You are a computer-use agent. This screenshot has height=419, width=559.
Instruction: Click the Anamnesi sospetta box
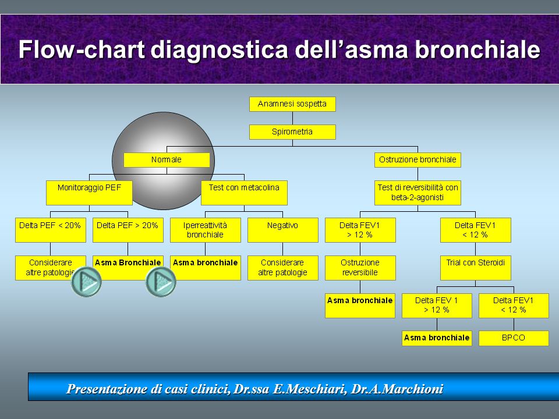click(292, 104)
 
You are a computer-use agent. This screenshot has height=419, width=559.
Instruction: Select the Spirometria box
click(292, 132)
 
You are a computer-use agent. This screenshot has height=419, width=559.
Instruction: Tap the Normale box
click(167, 160)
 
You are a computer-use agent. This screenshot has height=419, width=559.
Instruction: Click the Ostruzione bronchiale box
click(418, 160)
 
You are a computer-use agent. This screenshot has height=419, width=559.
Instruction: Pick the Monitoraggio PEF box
click(89, 193)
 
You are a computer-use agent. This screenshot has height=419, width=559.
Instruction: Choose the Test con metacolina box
click(244, 193)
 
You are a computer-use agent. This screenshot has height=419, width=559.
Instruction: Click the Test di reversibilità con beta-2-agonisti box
click(418, 193)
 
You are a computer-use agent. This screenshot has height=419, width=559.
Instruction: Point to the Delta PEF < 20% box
click(51, 230)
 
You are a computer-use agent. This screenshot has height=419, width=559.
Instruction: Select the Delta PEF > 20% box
click(128, 230)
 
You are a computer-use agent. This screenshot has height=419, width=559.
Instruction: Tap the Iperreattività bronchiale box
click(206, 230)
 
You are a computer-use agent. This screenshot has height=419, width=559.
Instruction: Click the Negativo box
click(283, 230)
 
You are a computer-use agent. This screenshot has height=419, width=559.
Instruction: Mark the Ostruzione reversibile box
click(360, 268)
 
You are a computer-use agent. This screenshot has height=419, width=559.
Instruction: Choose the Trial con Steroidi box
click(476, 268)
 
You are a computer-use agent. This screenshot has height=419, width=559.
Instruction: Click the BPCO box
click(514, 338)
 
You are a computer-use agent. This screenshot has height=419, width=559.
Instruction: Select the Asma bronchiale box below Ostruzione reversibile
click(360, 306)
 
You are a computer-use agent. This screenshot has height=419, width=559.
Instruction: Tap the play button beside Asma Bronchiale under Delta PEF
click(161, 282)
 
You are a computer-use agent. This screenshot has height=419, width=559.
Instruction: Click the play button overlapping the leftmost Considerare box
click(86, 282)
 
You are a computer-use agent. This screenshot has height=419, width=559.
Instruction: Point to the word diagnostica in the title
click(219, 49)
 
